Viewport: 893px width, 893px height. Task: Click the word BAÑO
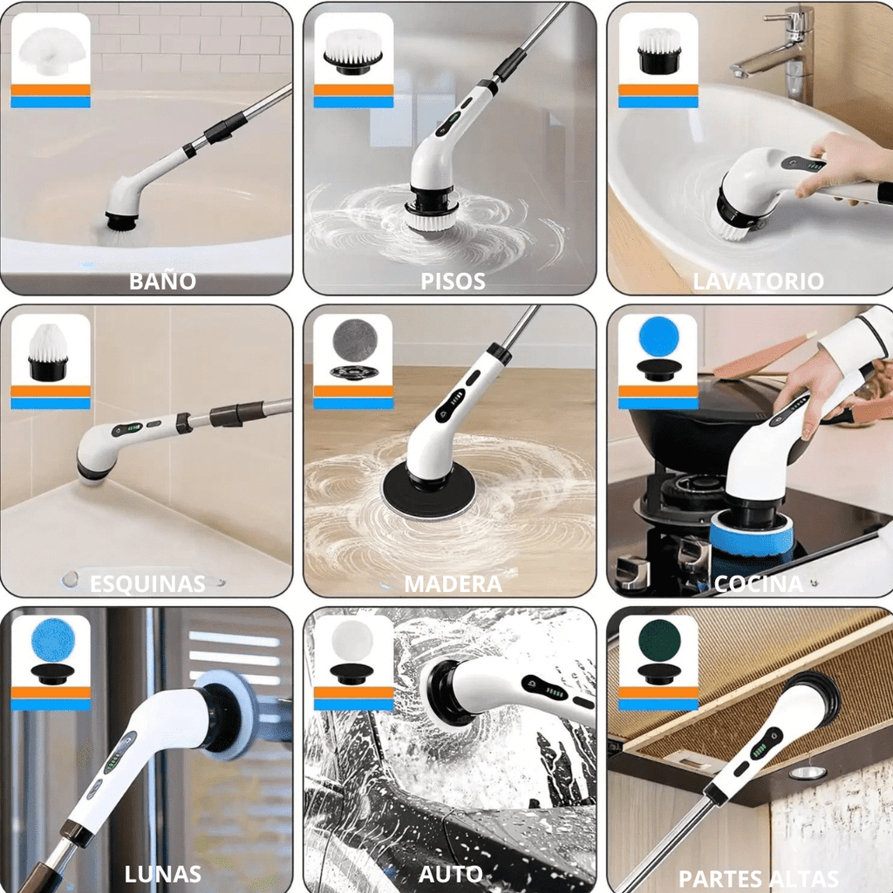pos(162,281)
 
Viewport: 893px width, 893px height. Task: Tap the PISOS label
pos(453,282)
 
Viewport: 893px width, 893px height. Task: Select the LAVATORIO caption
pos(758,282)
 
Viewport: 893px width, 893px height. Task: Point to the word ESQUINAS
pos(147,583)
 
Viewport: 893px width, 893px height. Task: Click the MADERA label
pos(453,583)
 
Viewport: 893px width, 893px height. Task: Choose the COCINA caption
pos(758,583)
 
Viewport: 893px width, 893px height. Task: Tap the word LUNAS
pos(163,874)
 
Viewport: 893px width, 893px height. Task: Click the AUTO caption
pos(451,874)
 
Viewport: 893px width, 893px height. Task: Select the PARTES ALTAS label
pos(759,878)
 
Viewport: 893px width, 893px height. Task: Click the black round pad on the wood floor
pos(428,490)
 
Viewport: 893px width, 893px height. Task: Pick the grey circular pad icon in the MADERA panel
pos(355,338)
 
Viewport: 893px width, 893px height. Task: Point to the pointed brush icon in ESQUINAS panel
pos(49,352)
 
